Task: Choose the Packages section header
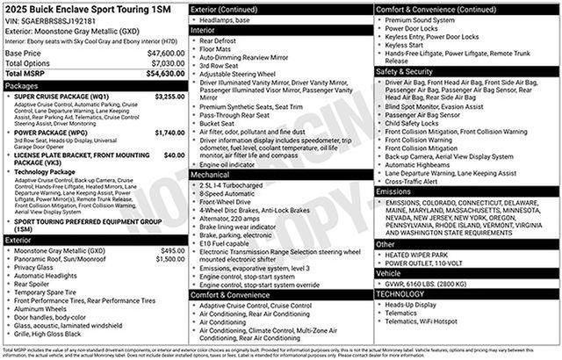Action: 22,86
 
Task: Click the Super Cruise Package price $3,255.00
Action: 169,97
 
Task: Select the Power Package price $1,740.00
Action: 169,133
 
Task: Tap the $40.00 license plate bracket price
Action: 174,155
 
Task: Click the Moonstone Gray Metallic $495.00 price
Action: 173,251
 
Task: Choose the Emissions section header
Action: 395,191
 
